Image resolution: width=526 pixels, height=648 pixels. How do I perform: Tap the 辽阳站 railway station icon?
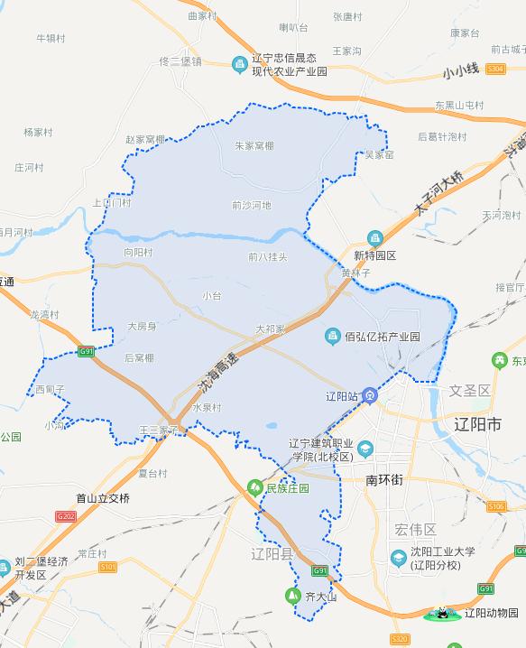[371, 396]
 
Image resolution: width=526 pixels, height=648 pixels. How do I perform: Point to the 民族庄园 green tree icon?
[255, 488]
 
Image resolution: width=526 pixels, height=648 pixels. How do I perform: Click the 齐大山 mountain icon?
[291, 597]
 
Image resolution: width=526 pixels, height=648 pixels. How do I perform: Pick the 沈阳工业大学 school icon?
[398, 559]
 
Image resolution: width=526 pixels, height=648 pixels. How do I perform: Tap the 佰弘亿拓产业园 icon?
[333, 337]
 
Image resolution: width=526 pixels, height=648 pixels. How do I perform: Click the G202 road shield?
[65, 515]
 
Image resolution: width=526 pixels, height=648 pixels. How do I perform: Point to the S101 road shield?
[108, 566]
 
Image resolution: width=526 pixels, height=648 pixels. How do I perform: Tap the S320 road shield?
[399, 639]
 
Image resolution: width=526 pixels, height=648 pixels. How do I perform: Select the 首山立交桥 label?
[103, 498]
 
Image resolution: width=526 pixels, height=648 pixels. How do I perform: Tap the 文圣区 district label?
[469, 391]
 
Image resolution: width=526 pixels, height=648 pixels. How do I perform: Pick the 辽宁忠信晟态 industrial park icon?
[240, 63]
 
